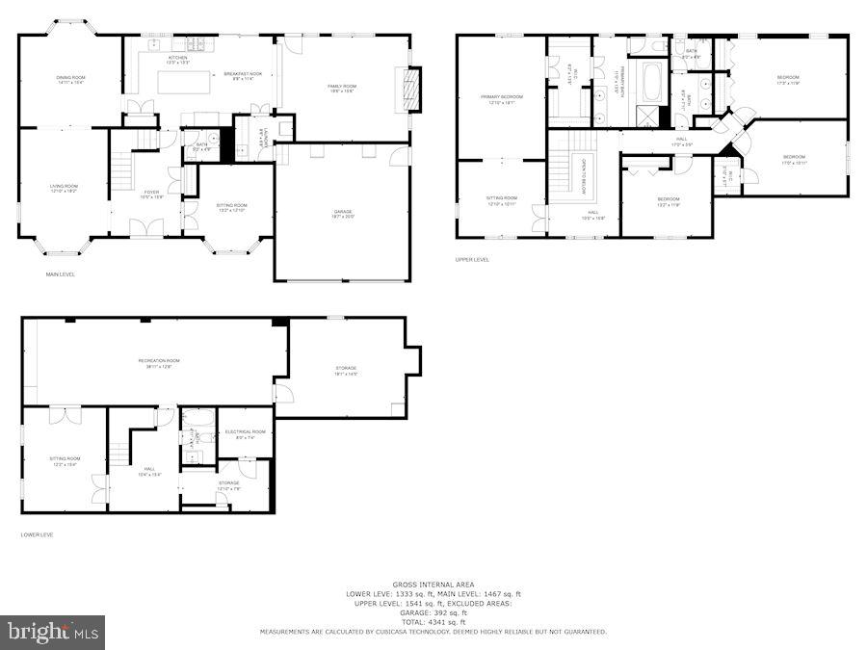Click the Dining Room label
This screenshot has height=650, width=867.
[70, 78]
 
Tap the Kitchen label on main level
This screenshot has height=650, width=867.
[178, 59]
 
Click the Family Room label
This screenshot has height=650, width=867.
[342, 88]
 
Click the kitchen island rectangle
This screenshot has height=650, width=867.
[182, 83]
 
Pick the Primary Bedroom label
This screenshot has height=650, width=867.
[502, 98]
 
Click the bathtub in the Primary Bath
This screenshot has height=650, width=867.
[652, 84]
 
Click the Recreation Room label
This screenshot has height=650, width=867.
[159, 362]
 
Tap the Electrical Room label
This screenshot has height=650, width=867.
[245, 433]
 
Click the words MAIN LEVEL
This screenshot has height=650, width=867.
[61, 275]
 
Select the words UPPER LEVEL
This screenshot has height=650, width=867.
[472, 260]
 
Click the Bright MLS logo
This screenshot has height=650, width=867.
[53, 633]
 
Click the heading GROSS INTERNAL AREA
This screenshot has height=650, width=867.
[433, 584]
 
